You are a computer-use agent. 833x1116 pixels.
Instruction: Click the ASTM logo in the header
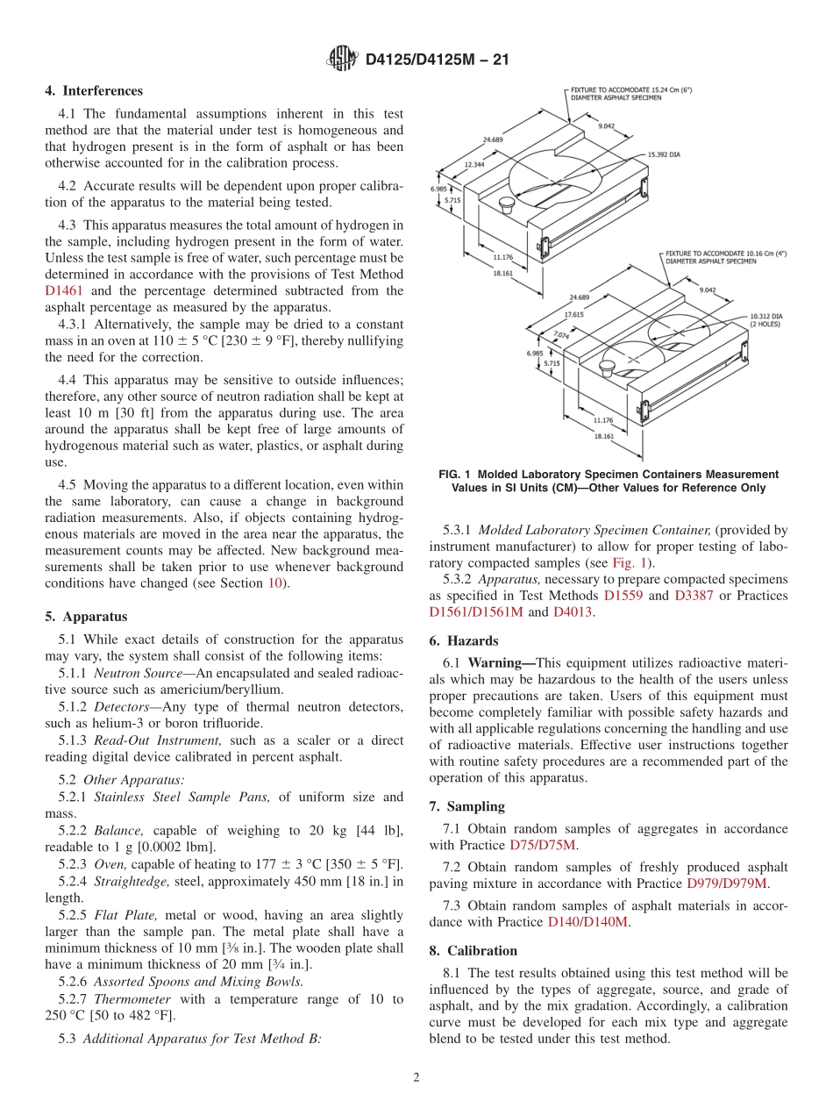[x=342, y=60]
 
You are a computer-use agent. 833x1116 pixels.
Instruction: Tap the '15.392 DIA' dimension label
[x=664, y=154]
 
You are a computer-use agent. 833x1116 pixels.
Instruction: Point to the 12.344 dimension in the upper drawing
[x=474, y=164]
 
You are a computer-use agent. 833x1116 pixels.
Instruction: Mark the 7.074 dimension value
[x=562, y=334]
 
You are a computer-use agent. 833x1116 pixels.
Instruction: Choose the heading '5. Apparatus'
[x=85, y=617]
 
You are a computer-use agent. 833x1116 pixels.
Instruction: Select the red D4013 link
[x=573, y=612]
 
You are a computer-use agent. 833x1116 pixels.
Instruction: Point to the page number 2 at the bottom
[x=416, y=1077]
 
